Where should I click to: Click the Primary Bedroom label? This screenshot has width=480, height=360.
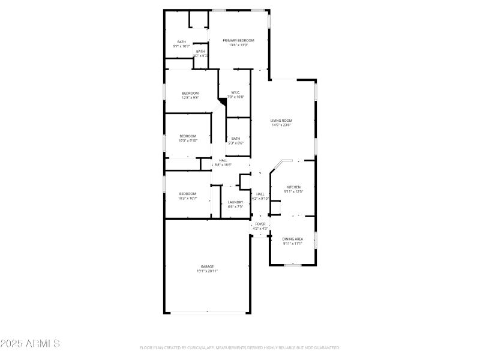coord(239,40)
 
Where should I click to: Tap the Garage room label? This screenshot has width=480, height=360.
coord(207,266)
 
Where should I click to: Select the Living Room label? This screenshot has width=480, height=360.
coord(281,121)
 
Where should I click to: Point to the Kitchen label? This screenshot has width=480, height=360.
coord(293,187)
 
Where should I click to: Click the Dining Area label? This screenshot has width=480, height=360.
coord(293,239)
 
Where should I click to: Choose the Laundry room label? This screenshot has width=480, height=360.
coord(235,202)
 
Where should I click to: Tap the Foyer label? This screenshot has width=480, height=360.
coord(260,224)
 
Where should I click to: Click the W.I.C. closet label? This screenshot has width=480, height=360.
coord(236,92)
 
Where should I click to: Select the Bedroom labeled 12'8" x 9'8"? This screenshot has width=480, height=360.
coord(190,93)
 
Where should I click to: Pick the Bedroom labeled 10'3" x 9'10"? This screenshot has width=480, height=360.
coord(188,136)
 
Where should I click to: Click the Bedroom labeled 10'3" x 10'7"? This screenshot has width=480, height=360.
coord(188,193)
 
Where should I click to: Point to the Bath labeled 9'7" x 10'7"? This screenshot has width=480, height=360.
coord(181,42)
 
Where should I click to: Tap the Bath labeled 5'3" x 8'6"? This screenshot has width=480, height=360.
coord(236,139)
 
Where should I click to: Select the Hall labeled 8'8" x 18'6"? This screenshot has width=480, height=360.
coord(223,160)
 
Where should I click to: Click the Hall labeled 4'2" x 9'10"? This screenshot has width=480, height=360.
coord(260,194)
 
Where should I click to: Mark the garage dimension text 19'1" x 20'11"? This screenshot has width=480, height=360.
coord(207,271)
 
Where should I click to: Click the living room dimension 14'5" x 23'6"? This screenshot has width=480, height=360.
coord(281,125)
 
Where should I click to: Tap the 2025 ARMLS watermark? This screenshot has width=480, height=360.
coord(30,344)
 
